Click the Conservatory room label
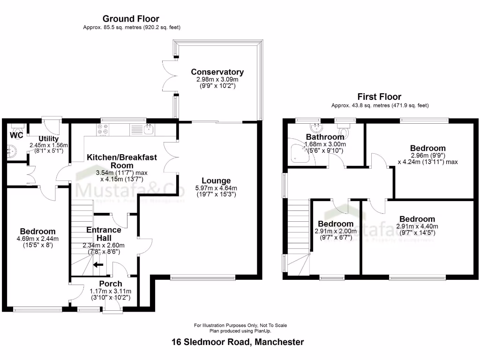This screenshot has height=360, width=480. [217, 72]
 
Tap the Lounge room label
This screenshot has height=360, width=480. [216, 180]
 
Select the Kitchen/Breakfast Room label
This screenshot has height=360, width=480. [121, 161]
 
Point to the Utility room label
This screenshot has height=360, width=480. [49, 139]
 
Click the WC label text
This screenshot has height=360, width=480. [16, 135]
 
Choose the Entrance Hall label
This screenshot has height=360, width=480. [104, 234]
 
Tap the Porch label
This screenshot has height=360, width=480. [111, 284]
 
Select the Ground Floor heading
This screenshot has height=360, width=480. [131, 19]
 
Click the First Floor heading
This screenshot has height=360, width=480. [380, 97]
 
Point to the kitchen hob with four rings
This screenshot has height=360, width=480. [103, 129]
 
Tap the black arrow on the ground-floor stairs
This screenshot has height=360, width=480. [98, 265]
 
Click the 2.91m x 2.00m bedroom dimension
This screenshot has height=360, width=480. [336, 231]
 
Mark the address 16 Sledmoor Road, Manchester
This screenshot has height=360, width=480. [238, 342]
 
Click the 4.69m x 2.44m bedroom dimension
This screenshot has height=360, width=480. [37, 239]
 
